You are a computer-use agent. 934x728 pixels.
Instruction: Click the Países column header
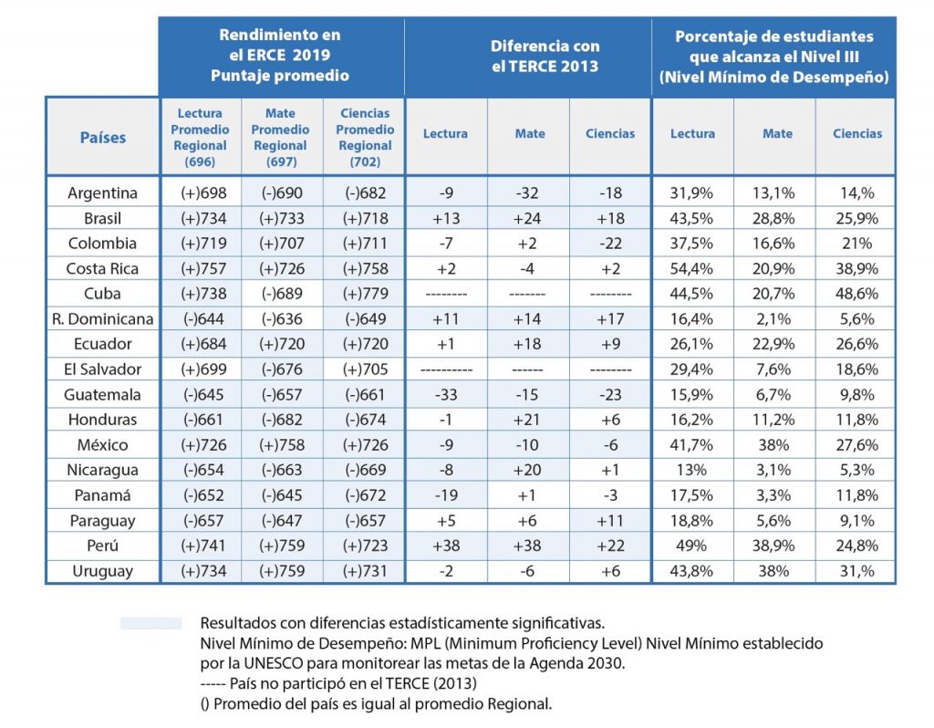pos(102,138)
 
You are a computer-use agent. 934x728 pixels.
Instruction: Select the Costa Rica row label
pos(102,269)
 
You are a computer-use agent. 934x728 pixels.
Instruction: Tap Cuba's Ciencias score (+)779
pos(365,294)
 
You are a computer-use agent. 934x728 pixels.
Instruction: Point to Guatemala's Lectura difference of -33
pos(446,394)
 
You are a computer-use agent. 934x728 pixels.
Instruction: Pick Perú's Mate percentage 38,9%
pos(773,546)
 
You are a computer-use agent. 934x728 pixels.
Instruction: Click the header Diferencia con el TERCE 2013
pos(545,56)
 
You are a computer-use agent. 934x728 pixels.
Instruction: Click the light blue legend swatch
pos(150,623)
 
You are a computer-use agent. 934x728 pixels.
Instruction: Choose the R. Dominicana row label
pos(102,319)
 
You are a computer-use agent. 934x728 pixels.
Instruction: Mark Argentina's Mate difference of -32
pos(527,193)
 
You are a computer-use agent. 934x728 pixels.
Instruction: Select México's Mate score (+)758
pos(282,445)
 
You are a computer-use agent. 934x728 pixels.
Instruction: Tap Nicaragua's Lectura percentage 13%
pos(691,470)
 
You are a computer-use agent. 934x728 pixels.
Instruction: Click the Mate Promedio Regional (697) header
pos(281,137)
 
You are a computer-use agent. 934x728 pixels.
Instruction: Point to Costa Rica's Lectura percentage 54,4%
pos(691,269)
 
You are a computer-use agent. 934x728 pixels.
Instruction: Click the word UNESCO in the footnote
pos(274,663)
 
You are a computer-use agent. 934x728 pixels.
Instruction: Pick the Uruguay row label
pos(102,571)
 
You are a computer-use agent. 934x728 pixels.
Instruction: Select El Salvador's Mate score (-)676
pos(282,369)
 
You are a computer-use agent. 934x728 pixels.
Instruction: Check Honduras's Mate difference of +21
pos(527,420)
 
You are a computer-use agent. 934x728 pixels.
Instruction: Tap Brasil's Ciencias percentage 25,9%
pos(857,219)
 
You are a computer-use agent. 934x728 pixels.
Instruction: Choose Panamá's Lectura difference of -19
pos(446,495)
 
